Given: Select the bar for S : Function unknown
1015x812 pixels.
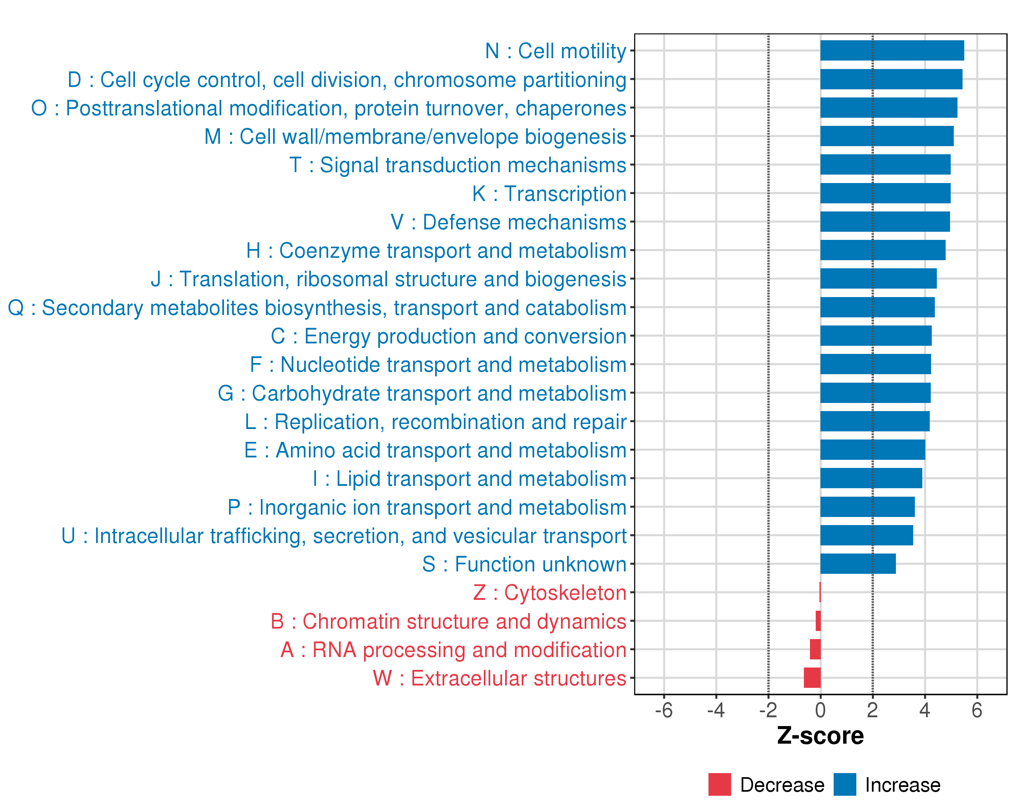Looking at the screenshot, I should [x=858, y=564].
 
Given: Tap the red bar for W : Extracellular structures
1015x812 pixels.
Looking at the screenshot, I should [x=812, y=678].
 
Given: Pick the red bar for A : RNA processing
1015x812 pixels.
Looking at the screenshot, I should [x=815, y=650].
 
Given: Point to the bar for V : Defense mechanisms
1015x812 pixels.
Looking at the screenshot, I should [x=885, y=222].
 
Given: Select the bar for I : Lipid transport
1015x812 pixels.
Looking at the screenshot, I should [x=871, y=478].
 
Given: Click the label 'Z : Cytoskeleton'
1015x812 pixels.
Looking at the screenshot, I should [x=549, y=593].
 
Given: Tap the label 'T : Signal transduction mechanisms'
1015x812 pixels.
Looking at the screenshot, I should [x=458, y=165].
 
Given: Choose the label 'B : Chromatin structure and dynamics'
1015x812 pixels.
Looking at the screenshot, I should [x=448, y=622].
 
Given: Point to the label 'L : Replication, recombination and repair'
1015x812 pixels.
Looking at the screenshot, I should [x=435, y=422].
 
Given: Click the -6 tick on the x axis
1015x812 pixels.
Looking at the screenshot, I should [x=664, y=710].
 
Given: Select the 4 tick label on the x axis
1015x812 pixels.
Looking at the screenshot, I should [x=925, y=710].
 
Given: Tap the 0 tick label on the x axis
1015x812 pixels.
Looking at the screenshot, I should [x=820, y=710].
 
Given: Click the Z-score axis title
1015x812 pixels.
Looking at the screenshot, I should [x=820, y=736].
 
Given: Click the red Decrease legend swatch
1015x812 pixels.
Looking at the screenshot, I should [x=719, y=785].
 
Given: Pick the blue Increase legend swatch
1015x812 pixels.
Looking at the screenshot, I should [x=844, y=785].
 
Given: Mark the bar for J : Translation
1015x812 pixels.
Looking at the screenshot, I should [x=878, y=279].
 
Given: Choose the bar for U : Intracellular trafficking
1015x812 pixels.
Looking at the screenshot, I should [x=866, y=535].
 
